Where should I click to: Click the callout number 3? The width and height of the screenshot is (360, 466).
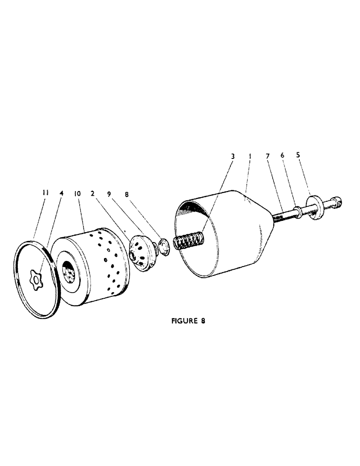[233, 157]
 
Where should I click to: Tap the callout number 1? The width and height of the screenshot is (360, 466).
[250, 157]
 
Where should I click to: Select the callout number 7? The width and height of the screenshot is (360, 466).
[268, 157]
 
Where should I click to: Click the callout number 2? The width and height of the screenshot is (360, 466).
[93, 192]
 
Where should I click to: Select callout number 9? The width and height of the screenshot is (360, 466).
[110, 192]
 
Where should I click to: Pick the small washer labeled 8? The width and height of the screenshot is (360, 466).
[162, 246]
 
